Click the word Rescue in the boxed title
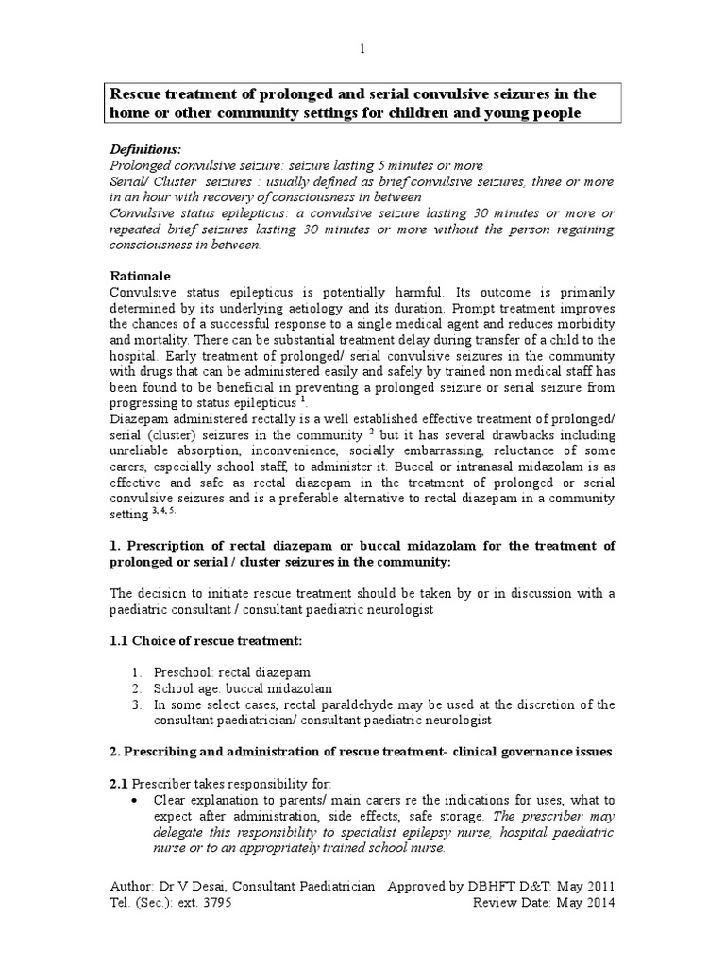[138, 94]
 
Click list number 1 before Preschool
[136, 671]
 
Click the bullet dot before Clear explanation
[138, 800]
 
